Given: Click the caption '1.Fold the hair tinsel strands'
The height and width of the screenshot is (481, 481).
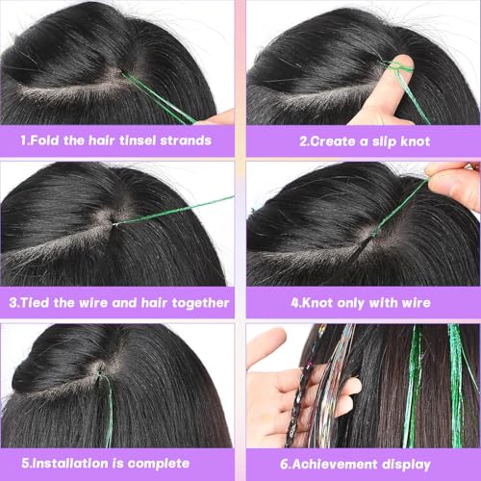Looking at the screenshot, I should (117, 140).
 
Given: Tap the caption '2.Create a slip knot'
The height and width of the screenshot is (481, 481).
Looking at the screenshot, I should (364, 140).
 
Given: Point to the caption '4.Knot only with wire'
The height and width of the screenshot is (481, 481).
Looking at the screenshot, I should (364, 302).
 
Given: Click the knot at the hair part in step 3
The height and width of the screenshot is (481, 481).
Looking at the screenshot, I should (114, 224).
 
